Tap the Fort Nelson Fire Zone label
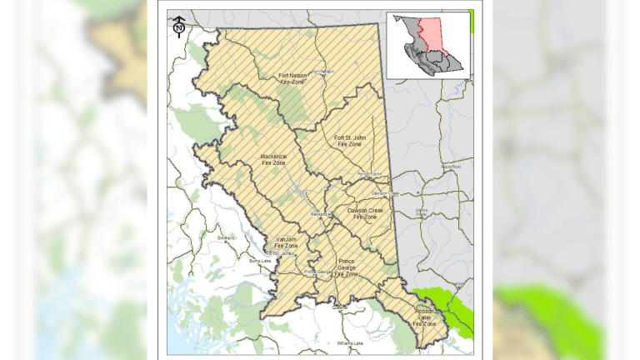(x=296, y=79)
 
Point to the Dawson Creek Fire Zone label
(x=365, y=213)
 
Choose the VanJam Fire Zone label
(x=287, y=242)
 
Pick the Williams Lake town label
(x=350, y=342)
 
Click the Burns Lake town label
(x=260, y=261)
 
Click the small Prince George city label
(x=317, y=272)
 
